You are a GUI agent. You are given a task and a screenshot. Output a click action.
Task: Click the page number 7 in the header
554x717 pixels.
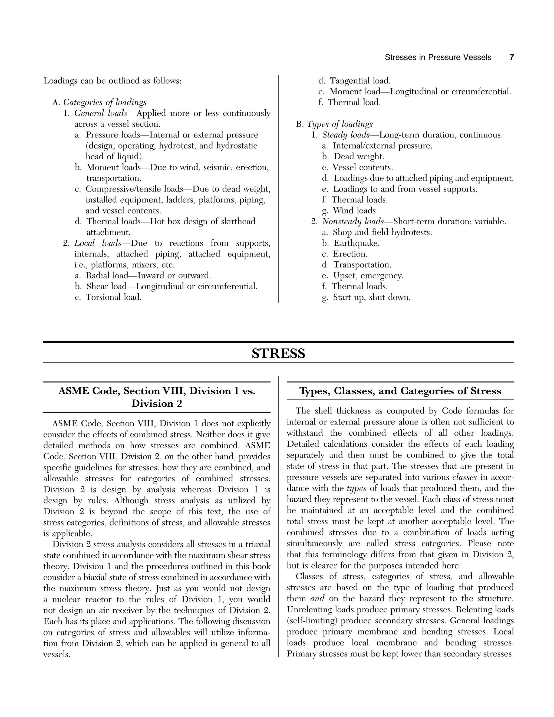coord(511,57)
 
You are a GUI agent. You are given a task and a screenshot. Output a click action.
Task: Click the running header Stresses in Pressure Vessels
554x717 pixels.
coord(438,57)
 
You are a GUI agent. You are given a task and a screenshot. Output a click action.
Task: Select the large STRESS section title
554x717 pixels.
coord(278,354)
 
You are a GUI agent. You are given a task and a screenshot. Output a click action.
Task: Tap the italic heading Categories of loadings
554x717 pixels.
coord(105,103)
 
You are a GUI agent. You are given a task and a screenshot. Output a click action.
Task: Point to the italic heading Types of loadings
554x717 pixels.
coord(340,124)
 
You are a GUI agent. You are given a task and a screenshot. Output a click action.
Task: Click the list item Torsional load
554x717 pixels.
coord(114,297)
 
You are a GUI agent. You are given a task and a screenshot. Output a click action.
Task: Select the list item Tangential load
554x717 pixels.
coord(360,81)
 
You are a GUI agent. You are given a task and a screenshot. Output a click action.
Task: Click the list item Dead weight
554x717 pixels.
coord(359,157)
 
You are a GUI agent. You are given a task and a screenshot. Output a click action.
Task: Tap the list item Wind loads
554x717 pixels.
coord(355,211)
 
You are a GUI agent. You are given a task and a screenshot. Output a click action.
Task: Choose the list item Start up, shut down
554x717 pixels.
coord(371,297)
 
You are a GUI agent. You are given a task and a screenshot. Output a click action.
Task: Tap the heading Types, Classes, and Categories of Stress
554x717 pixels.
coord(400,391)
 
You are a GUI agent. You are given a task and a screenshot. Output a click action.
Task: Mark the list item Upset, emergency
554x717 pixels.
coord(368,276)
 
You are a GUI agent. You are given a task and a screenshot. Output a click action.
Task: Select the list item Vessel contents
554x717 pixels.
coord(363,167)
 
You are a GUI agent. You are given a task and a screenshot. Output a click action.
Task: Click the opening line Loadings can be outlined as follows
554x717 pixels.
coord(113,81)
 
